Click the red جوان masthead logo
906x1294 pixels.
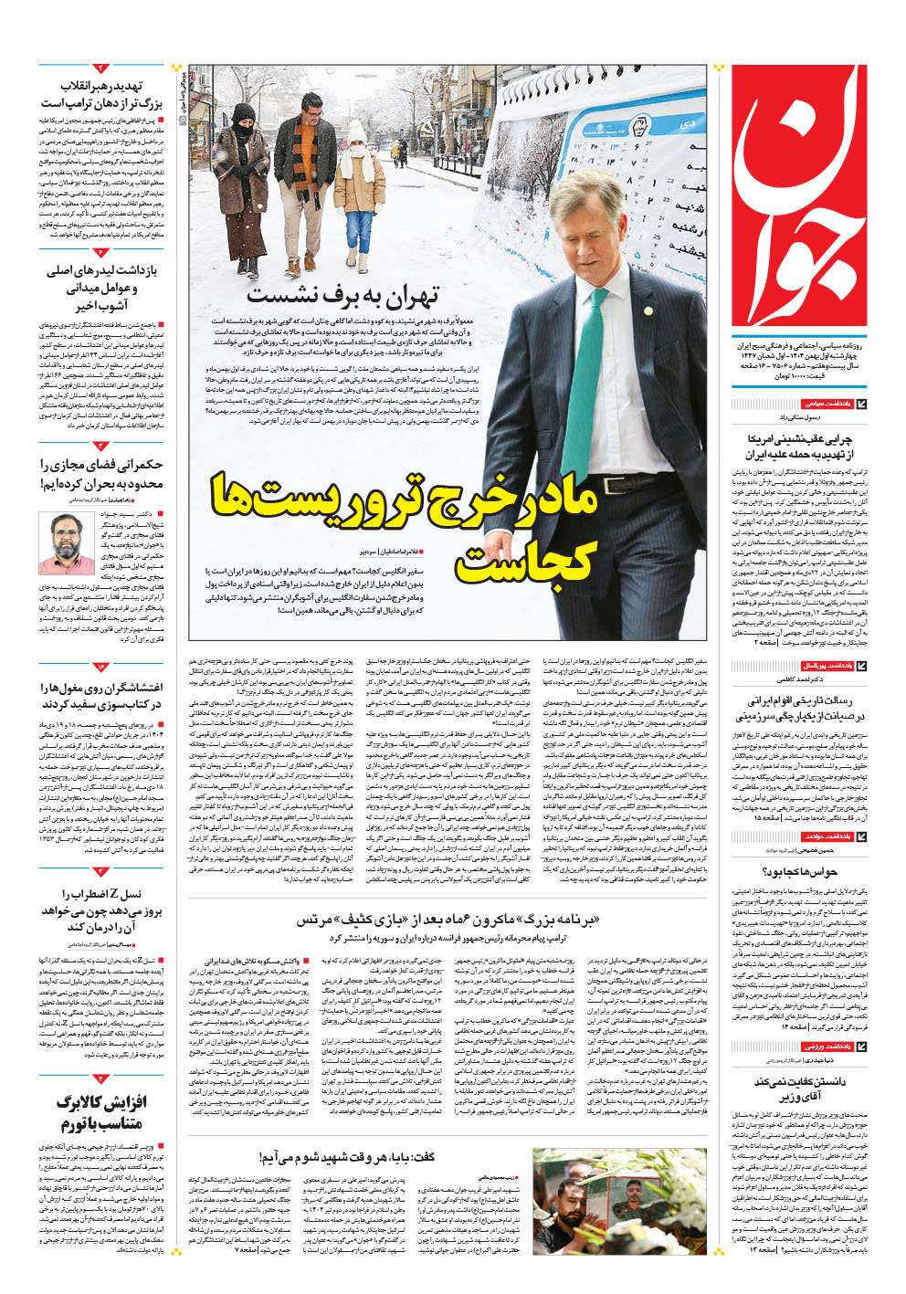point(800,196)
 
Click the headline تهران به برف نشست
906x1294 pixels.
point(342,295)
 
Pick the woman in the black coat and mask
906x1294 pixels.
point(242,183)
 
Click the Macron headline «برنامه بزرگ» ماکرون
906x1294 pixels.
point(448,920)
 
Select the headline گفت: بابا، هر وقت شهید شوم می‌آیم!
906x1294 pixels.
point(347,1157)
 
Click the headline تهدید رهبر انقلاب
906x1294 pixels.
point(101,95)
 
